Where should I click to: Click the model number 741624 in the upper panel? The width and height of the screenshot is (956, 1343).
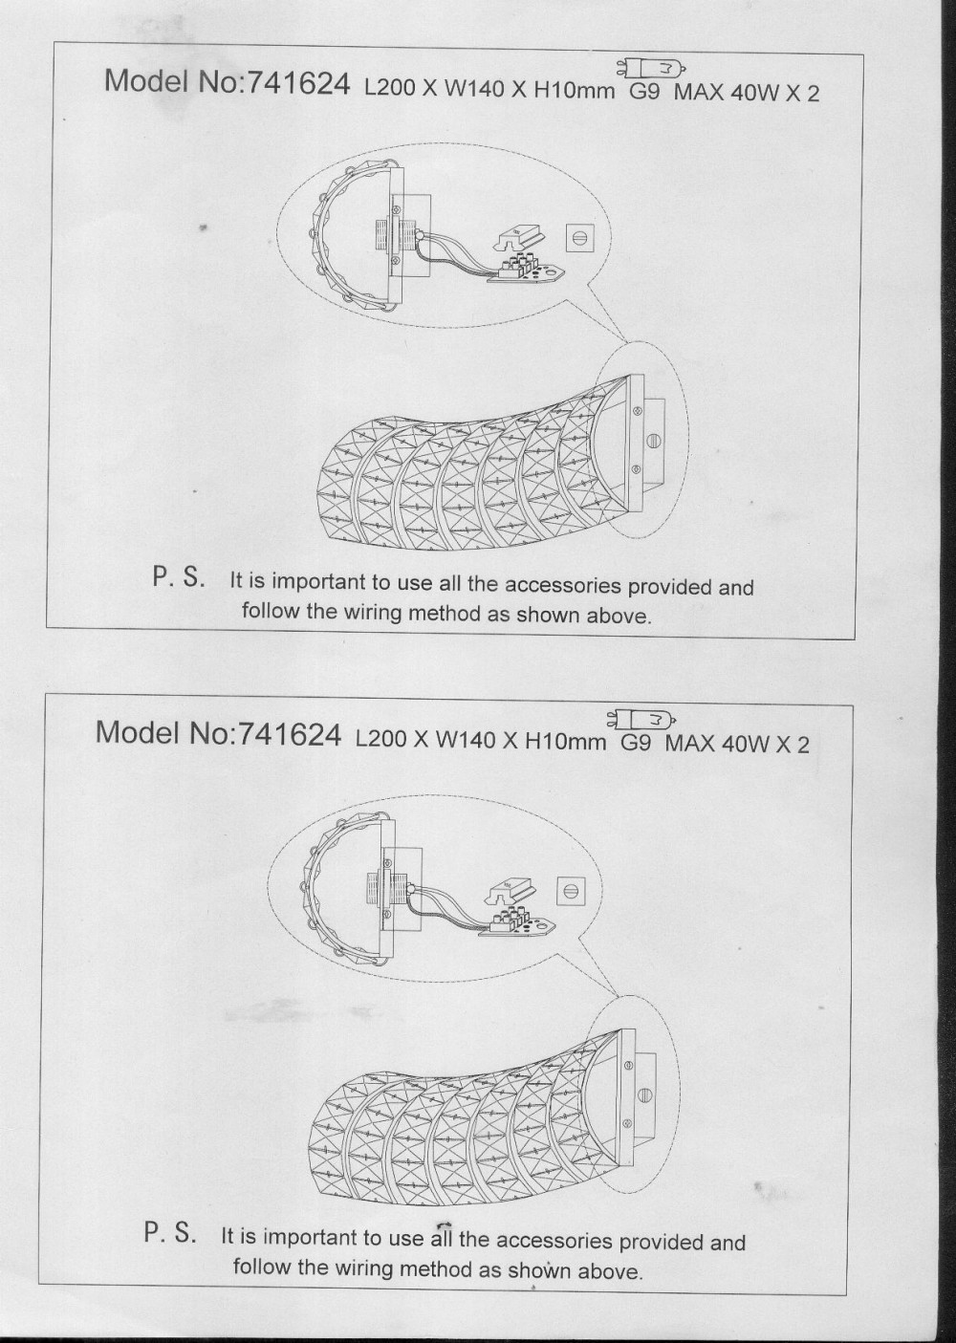click(298, 85)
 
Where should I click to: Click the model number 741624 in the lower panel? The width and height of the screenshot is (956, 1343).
click(290, 734)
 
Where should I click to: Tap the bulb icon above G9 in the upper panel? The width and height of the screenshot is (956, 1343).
click(651, 69)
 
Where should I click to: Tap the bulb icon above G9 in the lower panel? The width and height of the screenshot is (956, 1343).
click(642, 718)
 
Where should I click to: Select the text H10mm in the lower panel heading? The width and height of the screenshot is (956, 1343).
click(565, 742)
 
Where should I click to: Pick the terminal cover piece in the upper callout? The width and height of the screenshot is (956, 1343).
click(518, 237)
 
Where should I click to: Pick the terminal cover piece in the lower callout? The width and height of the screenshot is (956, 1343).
click(510, 891)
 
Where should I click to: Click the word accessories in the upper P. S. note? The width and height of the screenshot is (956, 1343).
click(562, 586)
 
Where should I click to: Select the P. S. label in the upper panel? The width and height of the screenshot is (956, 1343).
click(181, 578)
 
